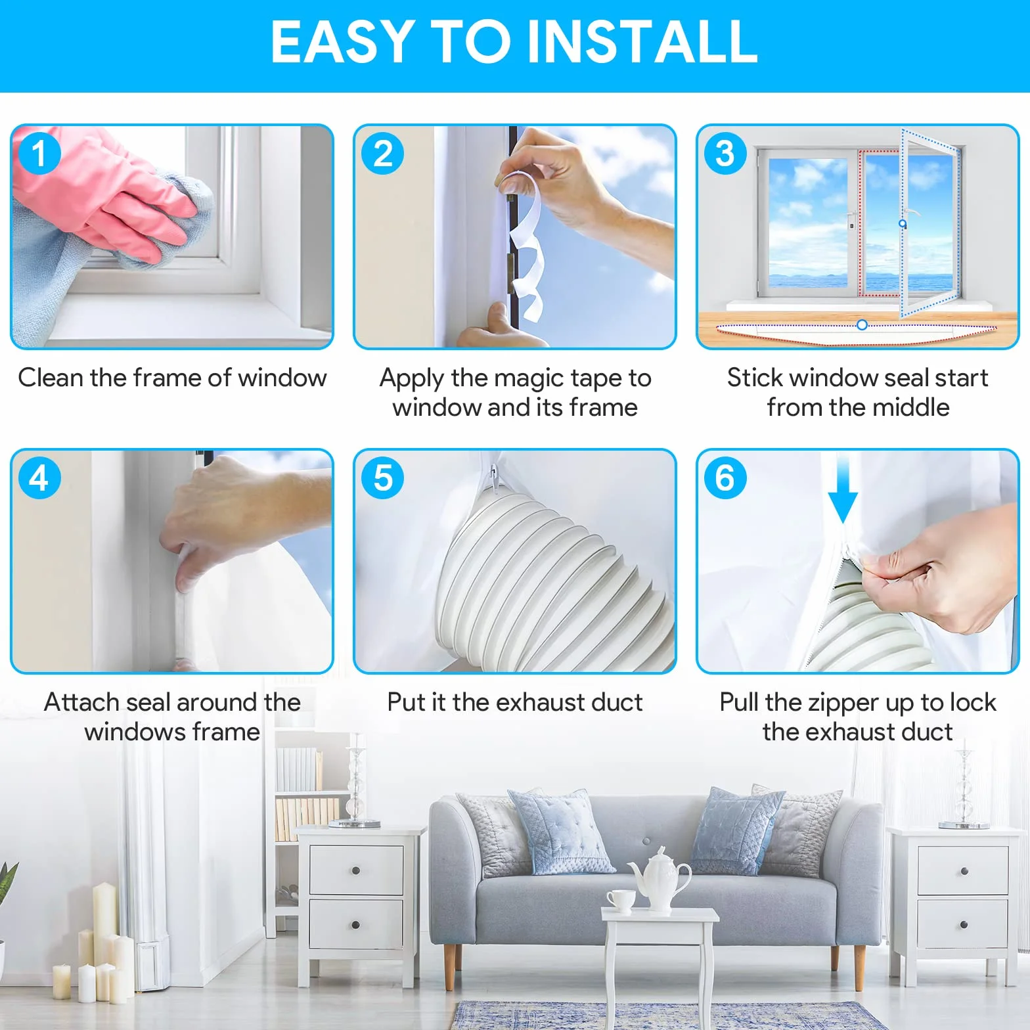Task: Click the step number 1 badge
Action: (39, 154)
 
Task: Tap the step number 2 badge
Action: (383, 154)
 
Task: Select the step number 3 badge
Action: (725, 154)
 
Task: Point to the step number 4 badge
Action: (39, 478)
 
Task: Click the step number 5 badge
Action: (383, 478)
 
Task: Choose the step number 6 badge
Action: (725, 478)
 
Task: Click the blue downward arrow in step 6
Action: (843, 491)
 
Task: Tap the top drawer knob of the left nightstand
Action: (355, 871)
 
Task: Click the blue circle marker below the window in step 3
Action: (862, 325)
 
